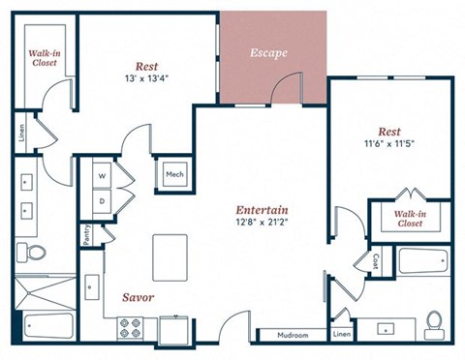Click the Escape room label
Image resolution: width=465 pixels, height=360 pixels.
coord(267,52)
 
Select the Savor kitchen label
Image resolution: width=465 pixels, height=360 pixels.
coord(138,297)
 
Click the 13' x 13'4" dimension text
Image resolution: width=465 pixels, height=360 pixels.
coord(145,78)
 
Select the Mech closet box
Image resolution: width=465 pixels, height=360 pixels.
coord(175,175)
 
